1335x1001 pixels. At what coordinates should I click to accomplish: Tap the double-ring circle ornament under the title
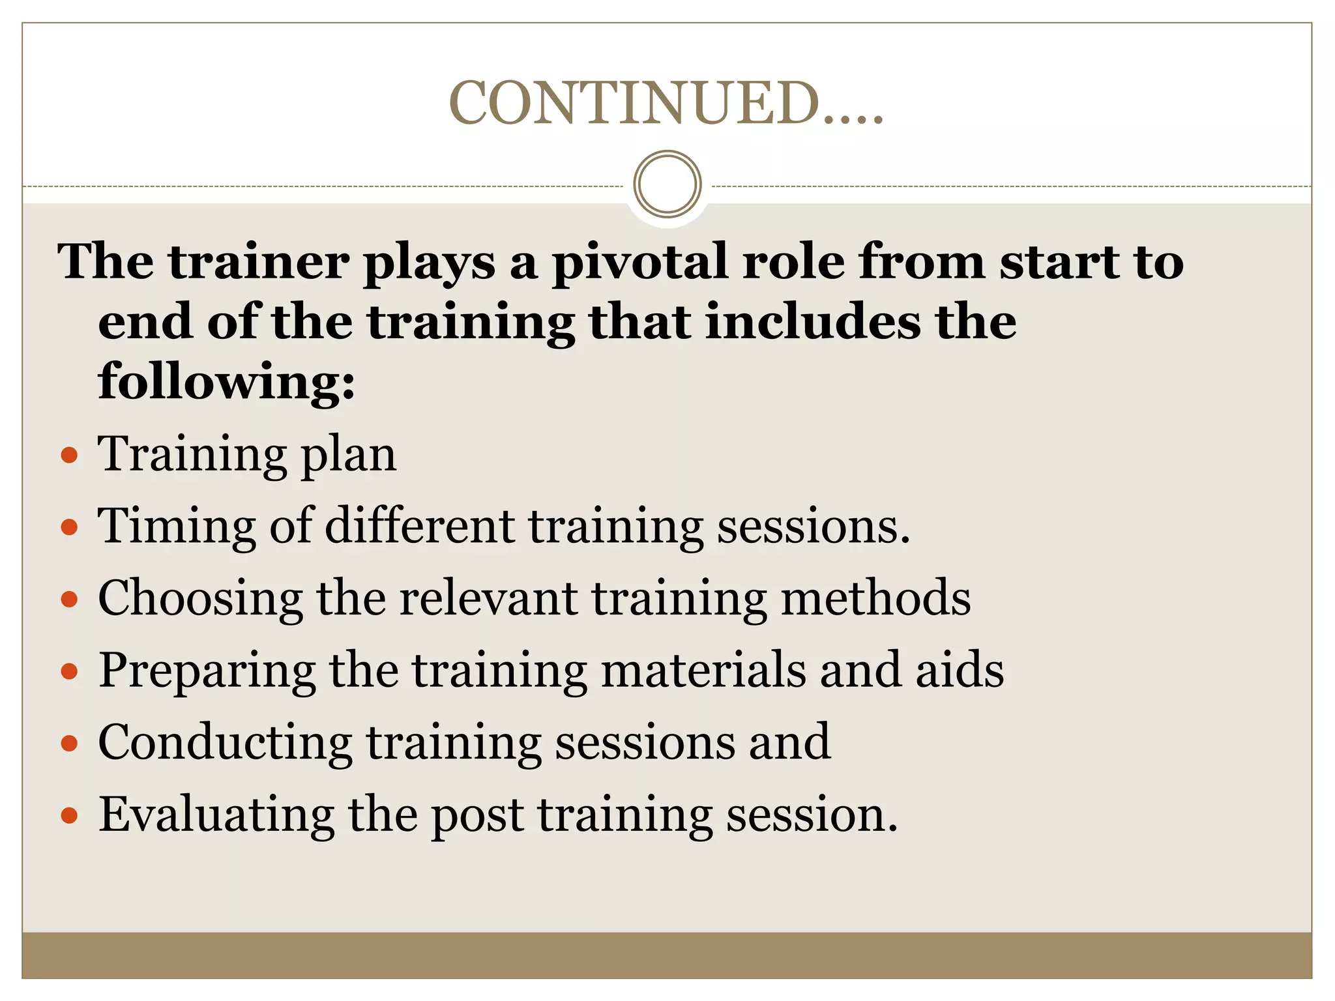tap(667, 184)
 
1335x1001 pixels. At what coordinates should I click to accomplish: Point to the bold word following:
tap(227, 382)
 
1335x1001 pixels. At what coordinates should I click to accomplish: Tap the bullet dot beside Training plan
tap(69, 455)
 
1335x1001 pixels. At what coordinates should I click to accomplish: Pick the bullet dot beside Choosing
tap(69, 599)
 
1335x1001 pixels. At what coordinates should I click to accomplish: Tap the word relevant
tap(488, 598)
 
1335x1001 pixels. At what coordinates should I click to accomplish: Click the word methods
tap(875, 598)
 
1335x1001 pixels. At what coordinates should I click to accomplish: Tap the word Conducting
tap(225, 742)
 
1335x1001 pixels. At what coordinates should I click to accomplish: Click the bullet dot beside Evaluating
tap(69, 815)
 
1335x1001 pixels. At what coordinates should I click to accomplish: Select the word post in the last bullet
tap(477, 815)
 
